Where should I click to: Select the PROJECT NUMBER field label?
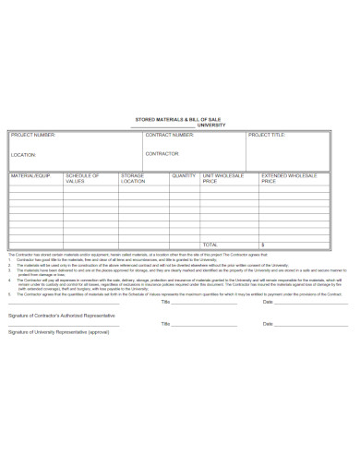(33, 135)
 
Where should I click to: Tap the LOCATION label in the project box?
(24, 154)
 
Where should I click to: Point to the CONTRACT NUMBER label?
(170, 135)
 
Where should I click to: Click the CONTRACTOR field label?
(162, 154)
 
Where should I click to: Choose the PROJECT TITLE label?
(267, 135)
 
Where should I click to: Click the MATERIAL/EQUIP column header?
(30, 174)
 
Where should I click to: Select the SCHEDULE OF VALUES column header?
(83, 178)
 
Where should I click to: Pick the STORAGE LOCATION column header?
(134, 178)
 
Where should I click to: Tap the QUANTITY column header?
(184, 174)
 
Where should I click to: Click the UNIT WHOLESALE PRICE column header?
(223, 178)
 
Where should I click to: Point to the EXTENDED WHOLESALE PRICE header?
(289, 178)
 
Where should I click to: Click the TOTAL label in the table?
(211, 245)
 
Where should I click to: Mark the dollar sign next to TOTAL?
(262, 245)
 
